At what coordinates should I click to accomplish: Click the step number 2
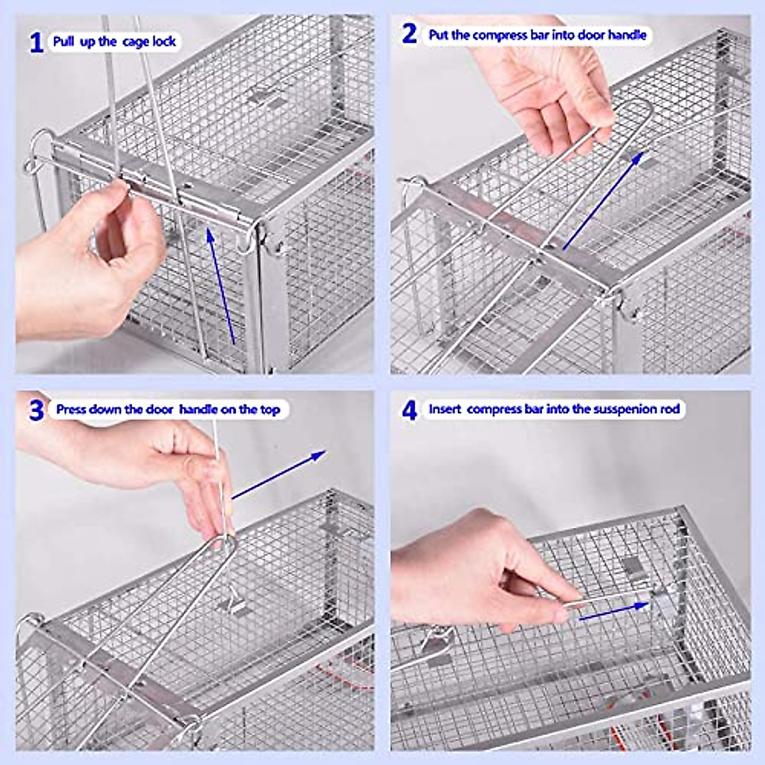[x=410, y=34]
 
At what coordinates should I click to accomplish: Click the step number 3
[x=36, y=410]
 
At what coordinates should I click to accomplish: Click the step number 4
[x=409, y=410]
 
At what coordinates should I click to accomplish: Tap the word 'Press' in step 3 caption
[x=71, y=409]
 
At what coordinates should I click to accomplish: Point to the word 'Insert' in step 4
[x=444, y=409]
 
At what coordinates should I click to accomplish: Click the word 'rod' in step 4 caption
[x=669, y=409]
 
